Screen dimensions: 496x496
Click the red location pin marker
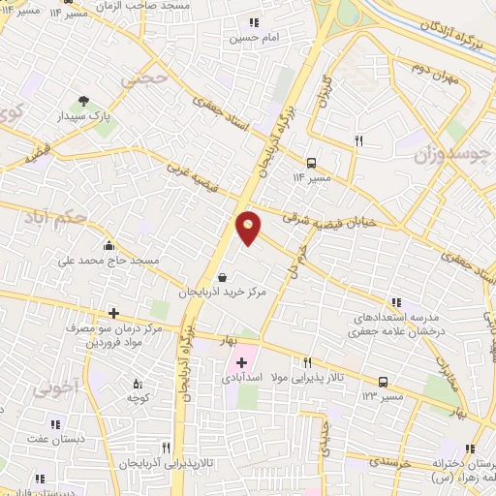click(x=249, y=228)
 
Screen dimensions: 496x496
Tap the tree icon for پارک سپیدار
click(x=85, y=100)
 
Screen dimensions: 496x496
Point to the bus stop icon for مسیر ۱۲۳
click(x=384, y=382)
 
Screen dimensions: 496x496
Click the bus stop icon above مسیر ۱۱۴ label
click(x=311, y=164)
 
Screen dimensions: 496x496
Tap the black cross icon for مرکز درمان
click(x=114, y=313)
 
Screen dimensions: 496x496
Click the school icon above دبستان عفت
click(x=54, y=424)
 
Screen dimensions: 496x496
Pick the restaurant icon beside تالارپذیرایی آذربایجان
click(x=166, y=447)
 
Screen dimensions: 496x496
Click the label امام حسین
click(x=247, y=40)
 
